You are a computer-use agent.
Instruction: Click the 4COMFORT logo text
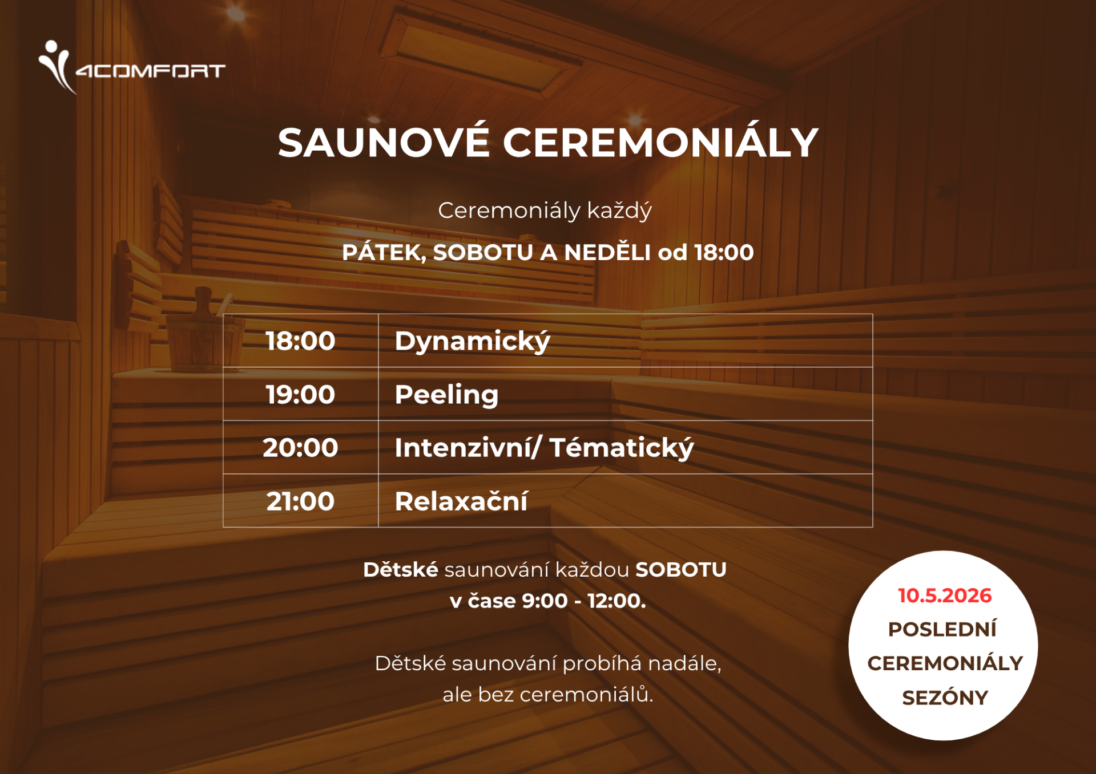[151, 71]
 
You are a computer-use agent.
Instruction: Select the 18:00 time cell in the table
[300, 341]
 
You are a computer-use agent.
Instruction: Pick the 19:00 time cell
[300, 395]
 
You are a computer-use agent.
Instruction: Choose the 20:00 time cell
[300, 448]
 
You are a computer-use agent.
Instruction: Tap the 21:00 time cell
[300, 501]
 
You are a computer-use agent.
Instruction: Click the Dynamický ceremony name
[472, 341]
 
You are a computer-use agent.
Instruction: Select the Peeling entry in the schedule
[446, 395]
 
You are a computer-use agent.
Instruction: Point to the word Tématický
[621, 448]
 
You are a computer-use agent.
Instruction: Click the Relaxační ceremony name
[461, 501]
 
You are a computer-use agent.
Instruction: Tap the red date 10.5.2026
[945, 595]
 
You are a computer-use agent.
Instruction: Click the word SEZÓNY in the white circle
[945, 698]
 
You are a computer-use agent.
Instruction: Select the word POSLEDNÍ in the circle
[942, 629]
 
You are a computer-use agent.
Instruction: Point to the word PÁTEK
[384, 253]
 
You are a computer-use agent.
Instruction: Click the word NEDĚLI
[607, 253]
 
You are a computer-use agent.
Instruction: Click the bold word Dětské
[401, 570]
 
